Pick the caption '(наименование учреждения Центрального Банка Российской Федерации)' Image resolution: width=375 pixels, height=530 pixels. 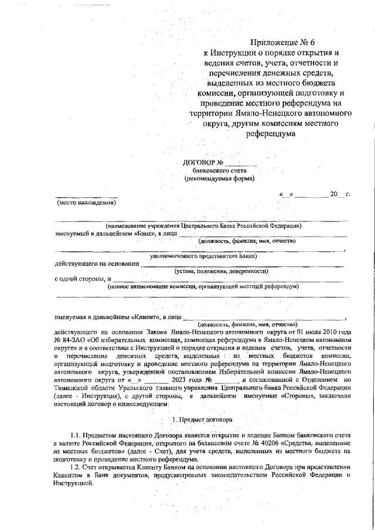click(203, 225)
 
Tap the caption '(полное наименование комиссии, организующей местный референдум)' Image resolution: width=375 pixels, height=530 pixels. click(203, 286)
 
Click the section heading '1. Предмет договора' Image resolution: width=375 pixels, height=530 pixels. click(202, 420)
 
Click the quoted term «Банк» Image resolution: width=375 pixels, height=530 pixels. click(135, 233)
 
